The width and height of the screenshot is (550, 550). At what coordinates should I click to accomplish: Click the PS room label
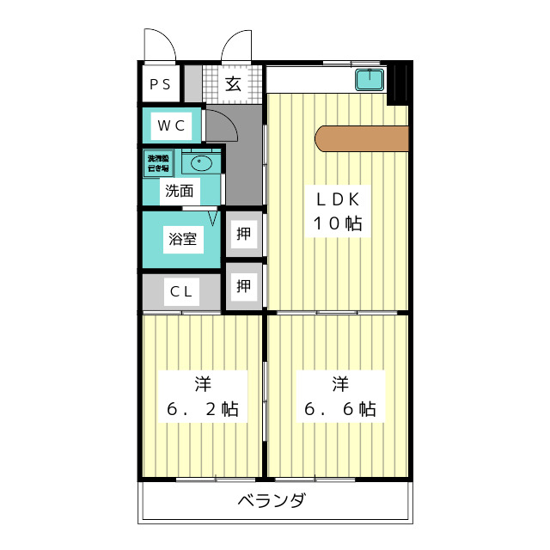click(160, 84)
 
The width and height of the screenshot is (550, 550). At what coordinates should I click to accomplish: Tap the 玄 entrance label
click(233, 84)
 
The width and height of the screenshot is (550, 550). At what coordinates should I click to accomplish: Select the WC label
click(170, 125)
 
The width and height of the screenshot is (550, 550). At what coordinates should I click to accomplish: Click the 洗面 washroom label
click(179, 191)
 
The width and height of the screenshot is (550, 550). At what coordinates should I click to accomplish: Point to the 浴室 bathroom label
click(182, 238)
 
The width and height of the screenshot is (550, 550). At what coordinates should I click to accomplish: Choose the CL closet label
click(180, 291)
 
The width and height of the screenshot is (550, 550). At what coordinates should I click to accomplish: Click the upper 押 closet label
click(243, 233)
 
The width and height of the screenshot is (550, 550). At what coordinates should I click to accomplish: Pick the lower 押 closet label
click(243, 285)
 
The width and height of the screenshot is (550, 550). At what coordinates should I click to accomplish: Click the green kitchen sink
click(370, 80)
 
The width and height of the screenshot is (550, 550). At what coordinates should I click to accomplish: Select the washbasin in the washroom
click(202, 161)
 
